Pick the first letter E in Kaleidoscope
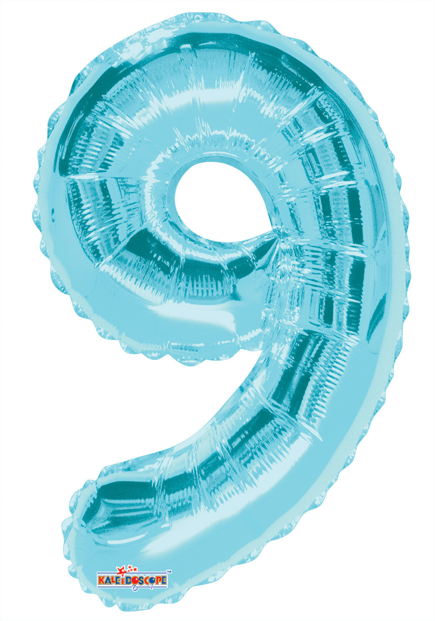pos(118,580)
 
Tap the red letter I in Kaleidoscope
pos(124,580)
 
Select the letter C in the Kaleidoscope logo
pos(149,580)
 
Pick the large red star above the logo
pos(122,570)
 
